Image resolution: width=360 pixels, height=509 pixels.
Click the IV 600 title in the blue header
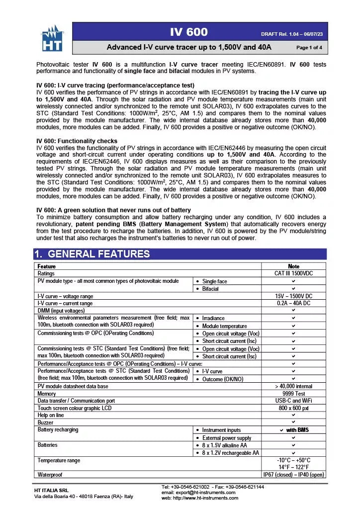pyautogui.click(x=189, y=32)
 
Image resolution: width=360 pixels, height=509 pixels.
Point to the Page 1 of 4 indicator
pyautogui.click(x=309, y=48)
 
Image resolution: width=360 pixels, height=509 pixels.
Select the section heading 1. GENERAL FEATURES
pyautogui.click(x=92, y=254)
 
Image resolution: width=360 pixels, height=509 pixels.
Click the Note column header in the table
pyautogui.click(x=293, y=266)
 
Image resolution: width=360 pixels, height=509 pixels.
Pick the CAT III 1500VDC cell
pyautogui.click(x=293, y=273)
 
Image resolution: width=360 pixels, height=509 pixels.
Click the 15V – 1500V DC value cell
pyautogui.click(x=293, y=296)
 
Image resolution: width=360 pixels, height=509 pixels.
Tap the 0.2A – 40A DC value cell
pyautogui.click(x=293, y=303)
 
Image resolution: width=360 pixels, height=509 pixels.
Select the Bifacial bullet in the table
pyautogui.click(x=210, y=289)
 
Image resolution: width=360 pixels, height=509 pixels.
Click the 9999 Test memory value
pyautogui.click(x=293, y=394)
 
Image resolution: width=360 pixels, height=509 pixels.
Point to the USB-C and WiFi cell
pyautogui.click(x=293, y=401)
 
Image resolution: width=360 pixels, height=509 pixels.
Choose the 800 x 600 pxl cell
pyautogui.click(x=293, y=408)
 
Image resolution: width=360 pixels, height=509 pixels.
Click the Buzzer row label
pyautogui.click(x=46, y=423)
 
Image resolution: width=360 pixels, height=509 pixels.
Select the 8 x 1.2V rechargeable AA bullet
pyautogui.click(x=230, y=453)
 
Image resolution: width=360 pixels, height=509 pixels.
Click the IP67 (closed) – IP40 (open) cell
pyautogui.click(x=293, y=475)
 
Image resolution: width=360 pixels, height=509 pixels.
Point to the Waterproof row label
pyautogui.click(x=52, y=475)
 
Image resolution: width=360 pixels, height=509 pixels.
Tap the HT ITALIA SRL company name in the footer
pyautogui.click(x=51, y=491)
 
